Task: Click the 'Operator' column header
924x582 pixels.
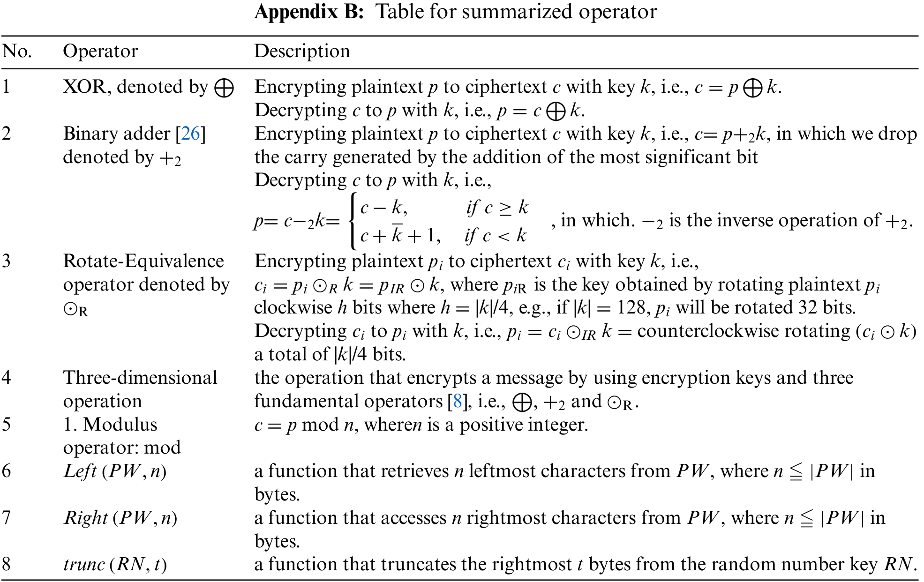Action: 100,51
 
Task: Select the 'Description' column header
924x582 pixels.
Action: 302,51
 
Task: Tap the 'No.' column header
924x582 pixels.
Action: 17,51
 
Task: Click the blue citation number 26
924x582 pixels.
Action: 190,134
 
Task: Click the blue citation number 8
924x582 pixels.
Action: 458,402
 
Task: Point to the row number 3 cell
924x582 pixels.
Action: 7,261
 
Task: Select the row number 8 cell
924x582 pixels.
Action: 7,564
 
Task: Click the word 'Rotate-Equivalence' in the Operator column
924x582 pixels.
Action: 143,261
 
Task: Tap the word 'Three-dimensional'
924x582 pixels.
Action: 140,378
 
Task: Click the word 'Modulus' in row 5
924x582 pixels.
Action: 120,425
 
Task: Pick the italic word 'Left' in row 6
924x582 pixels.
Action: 80,471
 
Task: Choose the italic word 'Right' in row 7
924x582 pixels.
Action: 86,518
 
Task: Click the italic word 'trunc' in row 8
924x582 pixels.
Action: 84,565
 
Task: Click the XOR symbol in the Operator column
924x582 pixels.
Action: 224,88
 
